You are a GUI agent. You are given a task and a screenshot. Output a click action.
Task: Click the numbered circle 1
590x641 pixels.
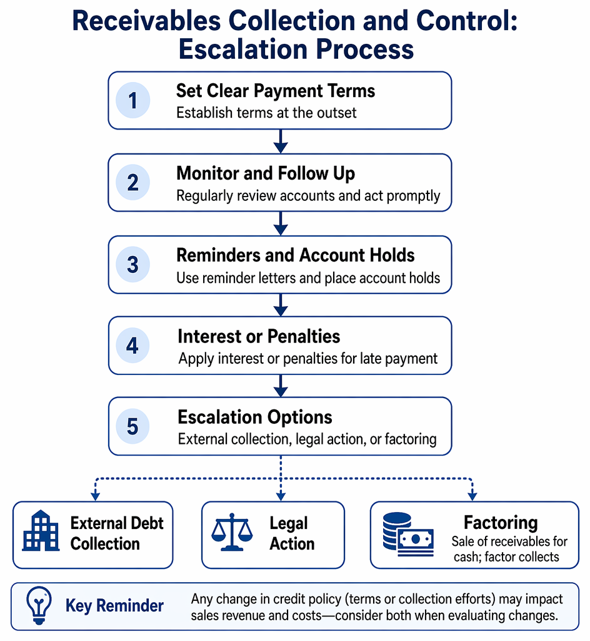132,101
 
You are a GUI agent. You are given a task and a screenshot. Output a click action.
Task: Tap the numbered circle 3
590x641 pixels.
132,265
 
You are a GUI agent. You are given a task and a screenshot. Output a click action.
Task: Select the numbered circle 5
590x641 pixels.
132,426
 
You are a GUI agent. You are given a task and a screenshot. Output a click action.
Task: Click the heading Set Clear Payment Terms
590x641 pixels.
276,91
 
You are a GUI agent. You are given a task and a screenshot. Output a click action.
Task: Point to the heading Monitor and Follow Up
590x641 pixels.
266,173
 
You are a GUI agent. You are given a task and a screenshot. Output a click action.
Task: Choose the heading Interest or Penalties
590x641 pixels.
259,336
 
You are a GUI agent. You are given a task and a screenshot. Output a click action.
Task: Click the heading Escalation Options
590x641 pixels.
255,418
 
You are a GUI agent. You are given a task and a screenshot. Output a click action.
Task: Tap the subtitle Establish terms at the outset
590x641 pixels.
266,113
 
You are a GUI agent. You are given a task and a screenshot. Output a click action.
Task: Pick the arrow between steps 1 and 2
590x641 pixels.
281,141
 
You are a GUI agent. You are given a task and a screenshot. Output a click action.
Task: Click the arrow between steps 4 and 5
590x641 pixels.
281,386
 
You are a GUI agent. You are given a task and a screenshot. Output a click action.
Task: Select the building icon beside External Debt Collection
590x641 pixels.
41,531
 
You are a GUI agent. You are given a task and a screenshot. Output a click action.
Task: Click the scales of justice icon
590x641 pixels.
232,532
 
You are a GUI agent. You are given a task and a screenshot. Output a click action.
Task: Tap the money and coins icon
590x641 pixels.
408,534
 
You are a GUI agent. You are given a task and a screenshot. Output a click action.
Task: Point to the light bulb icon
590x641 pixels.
39,605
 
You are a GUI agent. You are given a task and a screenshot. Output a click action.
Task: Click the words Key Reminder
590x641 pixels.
114,606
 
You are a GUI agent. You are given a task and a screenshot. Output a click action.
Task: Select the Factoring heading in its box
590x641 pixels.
501,523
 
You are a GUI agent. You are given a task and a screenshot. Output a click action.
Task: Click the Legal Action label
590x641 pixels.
292,533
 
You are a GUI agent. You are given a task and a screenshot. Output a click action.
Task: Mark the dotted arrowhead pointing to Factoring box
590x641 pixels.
472,496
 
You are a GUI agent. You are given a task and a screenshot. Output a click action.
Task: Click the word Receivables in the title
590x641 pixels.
146,21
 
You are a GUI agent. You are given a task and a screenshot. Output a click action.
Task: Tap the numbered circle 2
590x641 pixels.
132,182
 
